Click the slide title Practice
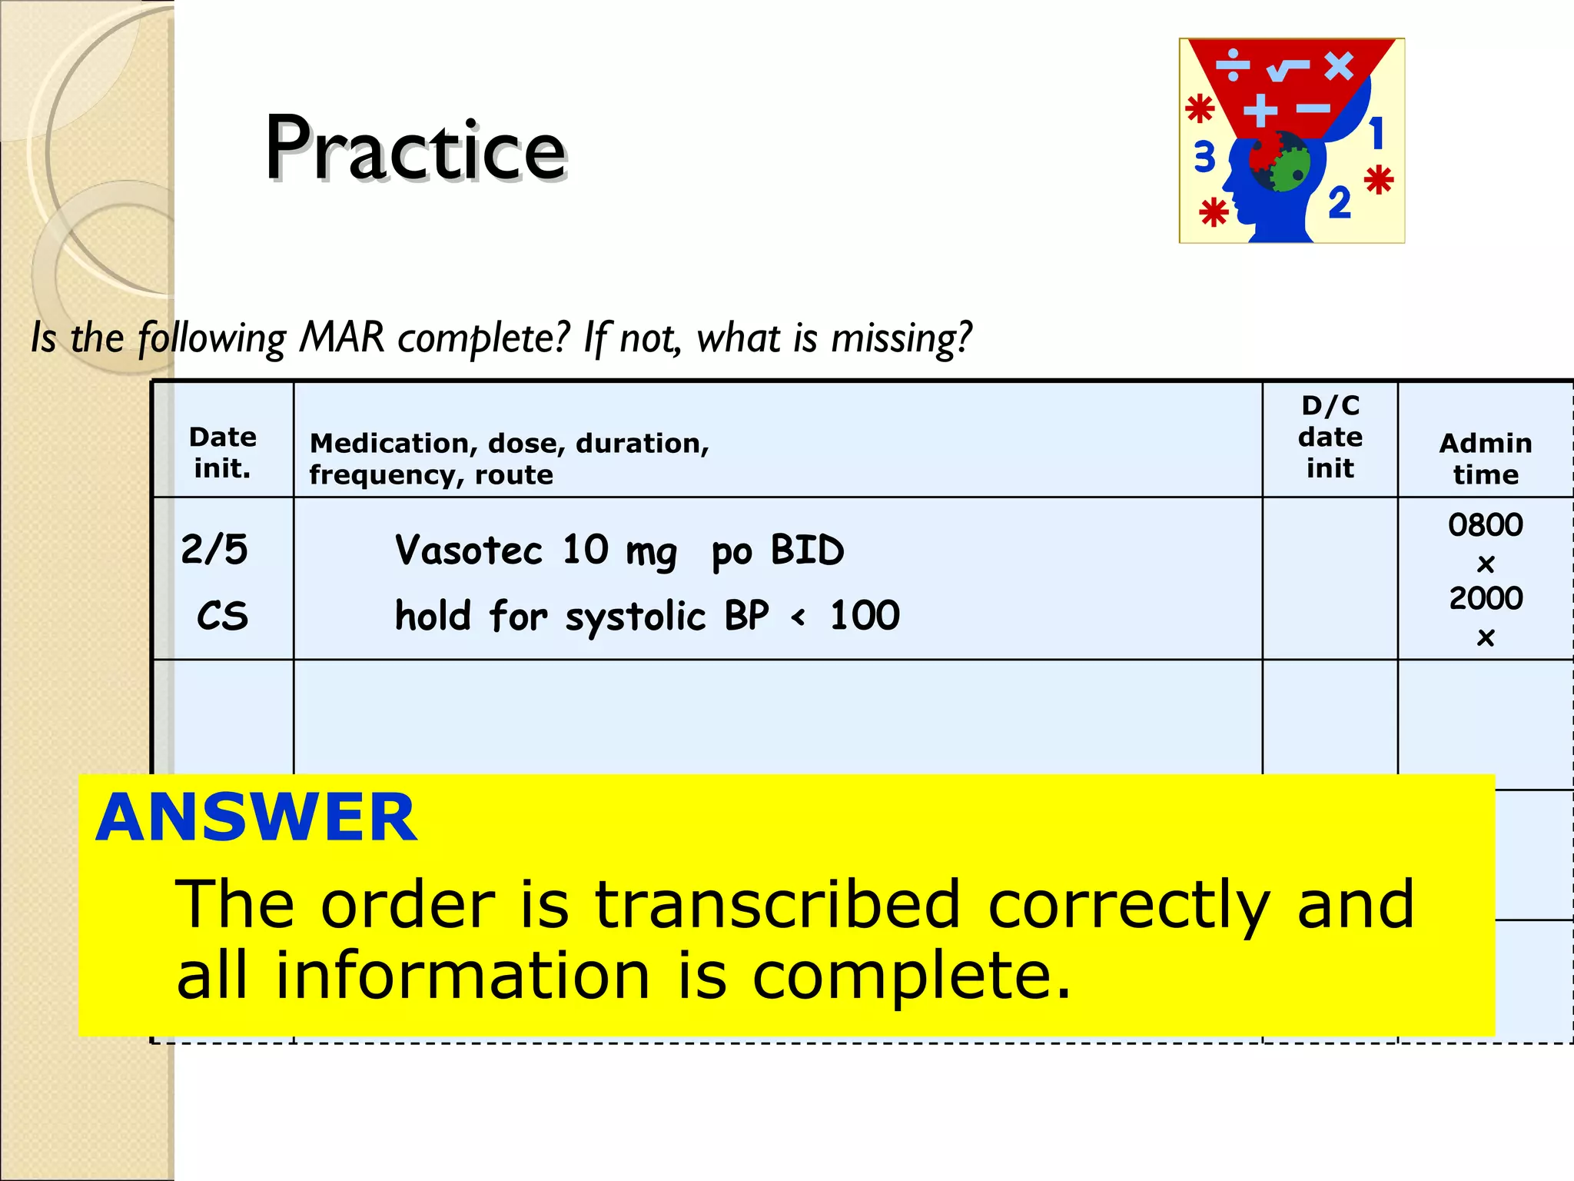(x=415, y=148)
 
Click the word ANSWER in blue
(x=256, y=817)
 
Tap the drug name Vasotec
(x=468, y=551)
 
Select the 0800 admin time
(x=1485, y=525)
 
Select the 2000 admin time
(x=1485, y=598)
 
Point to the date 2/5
(x=214, y=550)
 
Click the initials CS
(x=223, y=616)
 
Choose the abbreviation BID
(x=807, y=551)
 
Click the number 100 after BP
(x=865, y=616)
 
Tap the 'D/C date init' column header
(x=1330, y=437)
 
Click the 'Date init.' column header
(x=223, y=452)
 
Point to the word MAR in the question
(x=342, y=337)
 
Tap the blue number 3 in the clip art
(x=1204, y=157)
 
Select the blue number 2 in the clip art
(x=1339, y=203)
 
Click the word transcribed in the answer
(x=777, y=904)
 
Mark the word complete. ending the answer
(x=910, y=976)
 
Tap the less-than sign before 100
(x=799, y=616)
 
